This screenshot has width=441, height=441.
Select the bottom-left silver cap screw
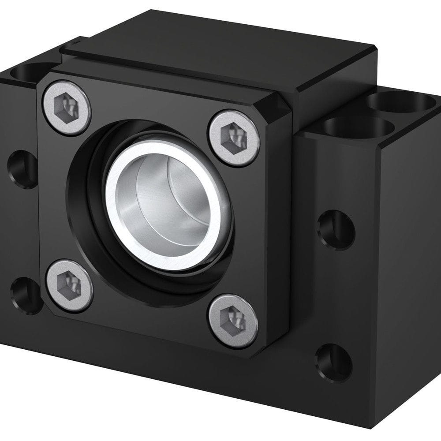coord(70,285)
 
